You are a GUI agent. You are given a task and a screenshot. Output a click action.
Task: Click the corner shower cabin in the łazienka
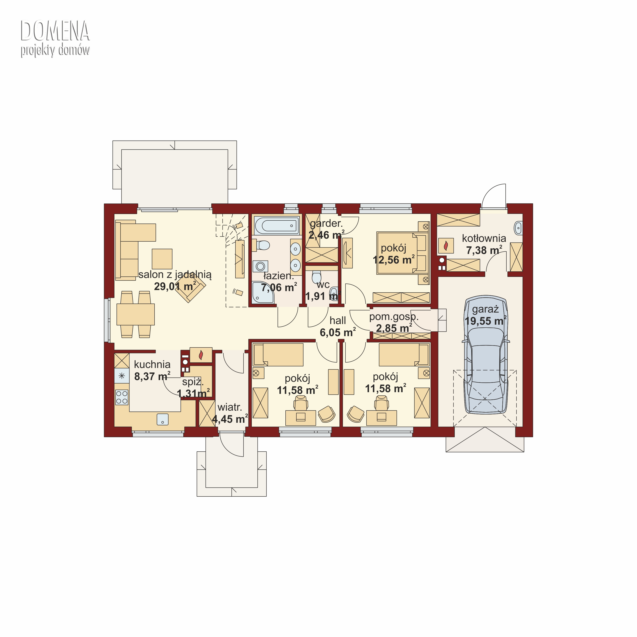click(x=263, y=292)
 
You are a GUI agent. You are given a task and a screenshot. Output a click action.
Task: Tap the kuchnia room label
click(x=152, y=364)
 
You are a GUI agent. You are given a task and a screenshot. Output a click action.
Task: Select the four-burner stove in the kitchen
click(x=122, y=397)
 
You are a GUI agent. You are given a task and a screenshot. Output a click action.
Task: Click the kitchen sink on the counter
click(x=163, y=419)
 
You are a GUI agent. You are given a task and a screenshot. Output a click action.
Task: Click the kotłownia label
click(x=484, y=238)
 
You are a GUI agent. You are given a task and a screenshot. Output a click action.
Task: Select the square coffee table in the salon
click(x=162, y=259)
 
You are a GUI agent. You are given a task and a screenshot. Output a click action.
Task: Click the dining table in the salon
click(x=135, y=314)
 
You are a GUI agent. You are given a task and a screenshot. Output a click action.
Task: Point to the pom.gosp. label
click(x=394, y=317)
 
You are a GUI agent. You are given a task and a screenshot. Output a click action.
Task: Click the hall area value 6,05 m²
click(x=338, y=332)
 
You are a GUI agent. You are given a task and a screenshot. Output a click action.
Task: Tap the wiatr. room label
click(x=230, y=407)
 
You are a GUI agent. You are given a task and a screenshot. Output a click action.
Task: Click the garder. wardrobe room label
click(x=326, y=223)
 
